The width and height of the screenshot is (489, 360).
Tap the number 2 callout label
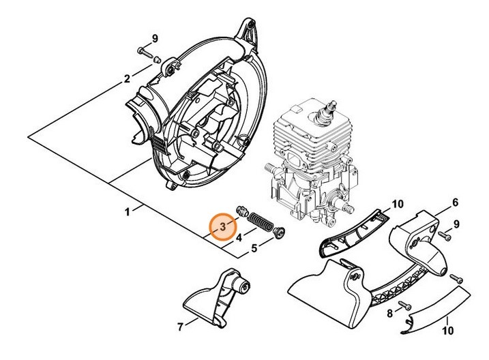coord(127,79)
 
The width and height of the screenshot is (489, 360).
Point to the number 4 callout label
coord(239,238)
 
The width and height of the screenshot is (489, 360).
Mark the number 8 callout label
coord(389,314)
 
